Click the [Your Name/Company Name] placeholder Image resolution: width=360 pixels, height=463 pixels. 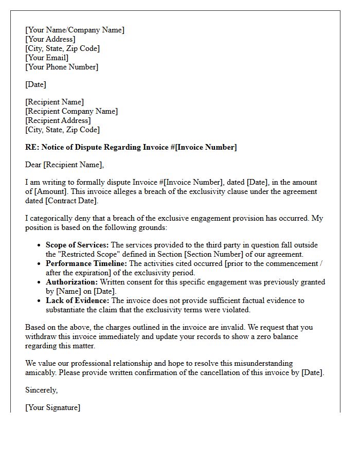click(75, 30)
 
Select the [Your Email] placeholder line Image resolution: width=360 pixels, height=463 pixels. click(47, 58)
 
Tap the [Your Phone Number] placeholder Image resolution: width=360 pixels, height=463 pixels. click(62, 67)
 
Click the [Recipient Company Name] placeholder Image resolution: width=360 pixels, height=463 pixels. click(71, 111)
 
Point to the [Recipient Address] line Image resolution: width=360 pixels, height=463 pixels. click(58, 120)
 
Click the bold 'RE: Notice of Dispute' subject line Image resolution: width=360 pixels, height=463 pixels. click(131, 147)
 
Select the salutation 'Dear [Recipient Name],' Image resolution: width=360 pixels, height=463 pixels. click(64, 165)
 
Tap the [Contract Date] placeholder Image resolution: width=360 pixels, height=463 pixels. click(71, 201)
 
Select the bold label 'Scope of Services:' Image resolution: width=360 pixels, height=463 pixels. click(77, 245)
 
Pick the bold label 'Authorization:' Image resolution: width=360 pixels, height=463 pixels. click(71, 282)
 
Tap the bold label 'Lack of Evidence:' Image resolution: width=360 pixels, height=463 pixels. click(77, 300)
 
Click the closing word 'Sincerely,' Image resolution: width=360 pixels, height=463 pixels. click(42, 390)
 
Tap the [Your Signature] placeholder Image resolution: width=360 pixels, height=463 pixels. click(52, 407)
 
